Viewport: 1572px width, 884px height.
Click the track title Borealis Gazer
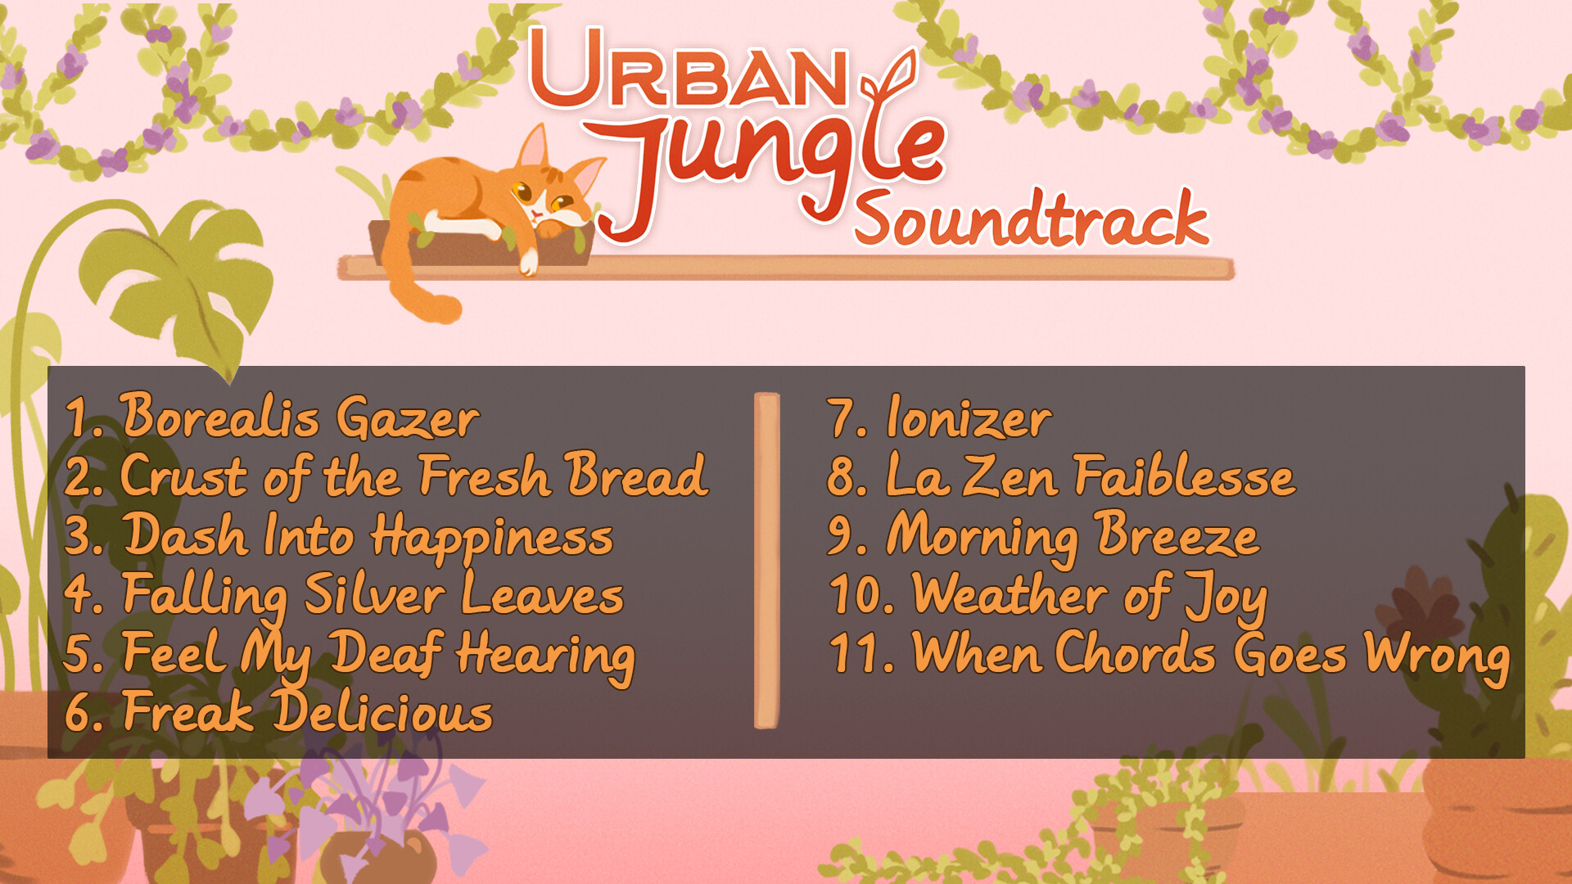tap(300, 417)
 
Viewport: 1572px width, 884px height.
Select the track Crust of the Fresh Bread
tap(414, 476)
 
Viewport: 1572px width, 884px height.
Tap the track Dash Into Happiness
tap(368, 536)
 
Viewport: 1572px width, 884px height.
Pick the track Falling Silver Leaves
tap(373, 595)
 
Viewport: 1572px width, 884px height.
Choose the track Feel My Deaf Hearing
tap(379, 655)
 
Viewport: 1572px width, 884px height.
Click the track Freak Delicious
tap(308, 711)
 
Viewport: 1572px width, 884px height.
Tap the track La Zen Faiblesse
tap(1091, 476)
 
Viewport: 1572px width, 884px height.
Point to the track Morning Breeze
tap(1073, 536)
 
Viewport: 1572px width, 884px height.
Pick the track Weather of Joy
tap(1090, 595)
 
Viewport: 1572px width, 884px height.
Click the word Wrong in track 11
tap(1437, 656)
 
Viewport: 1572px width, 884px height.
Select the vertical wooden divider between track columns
tap(766, 561)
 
